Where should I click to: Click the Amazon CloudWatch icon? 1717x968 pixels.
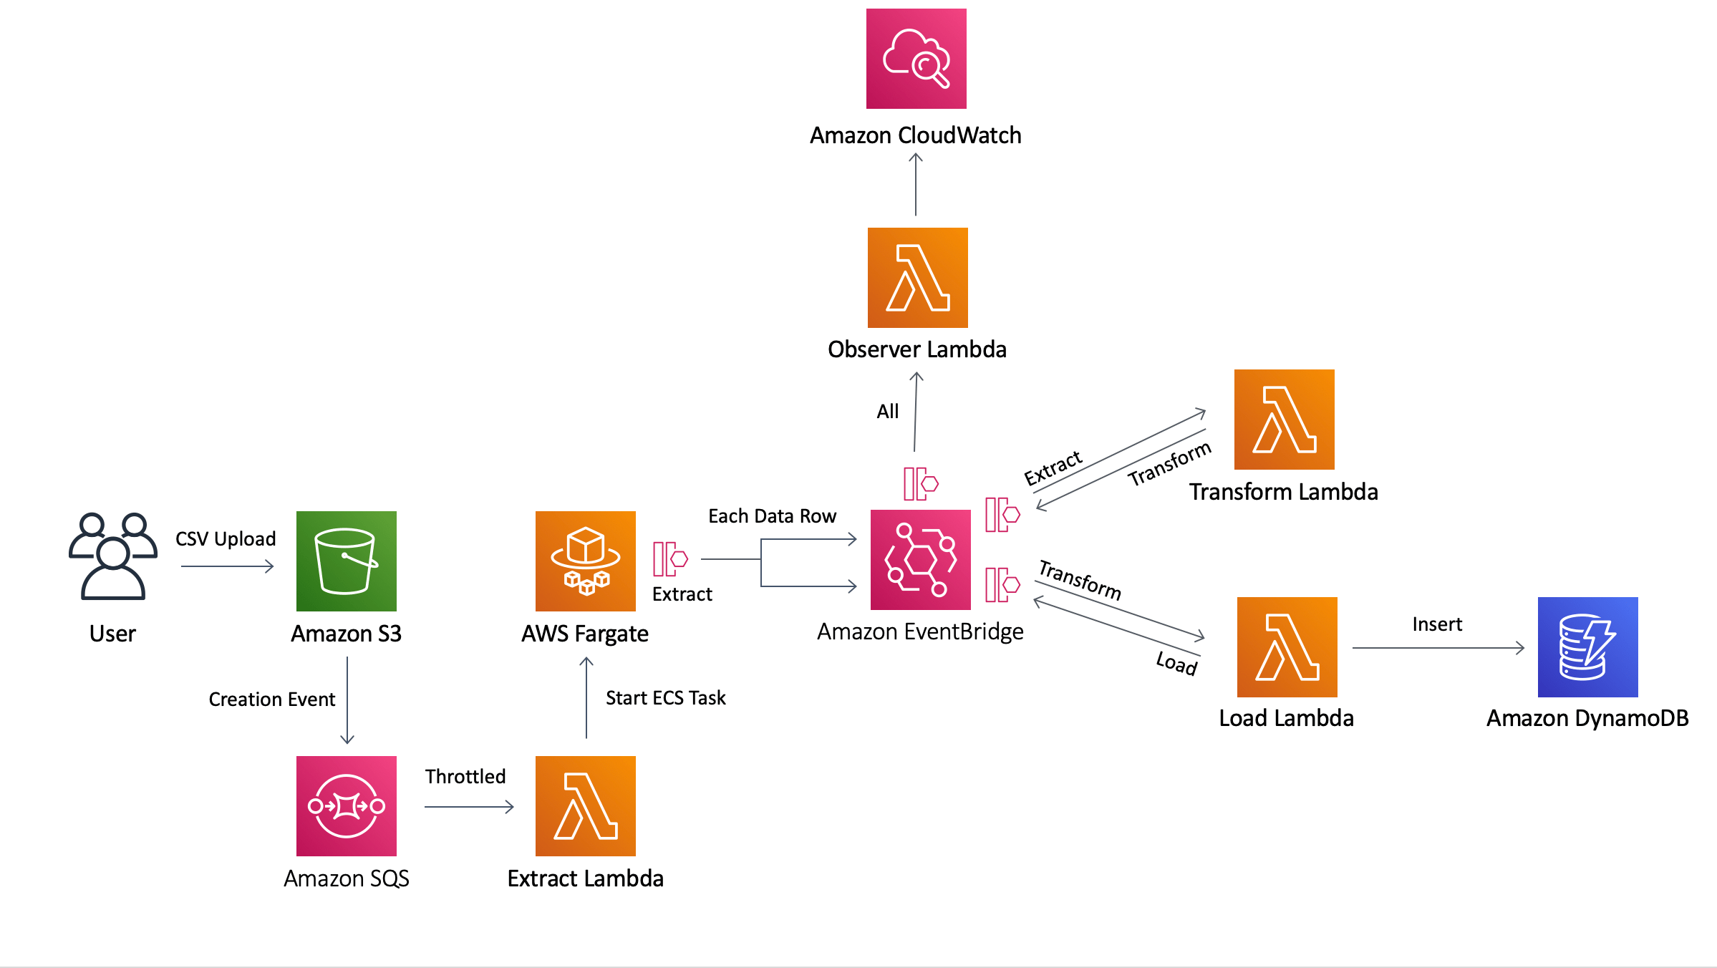coord(916,59)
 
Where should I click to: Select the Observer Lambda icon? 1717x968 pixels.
coord(917,278)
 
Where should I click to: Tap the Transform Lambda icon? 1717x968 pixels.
coord(1284,420)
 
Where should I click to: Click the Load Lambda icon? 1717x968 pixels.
coord(1287,647)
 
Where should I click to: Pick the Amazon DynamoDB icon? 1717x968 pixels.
coord(1587,647)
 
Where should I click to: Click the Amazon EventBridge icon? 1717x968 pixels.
coord(920,560)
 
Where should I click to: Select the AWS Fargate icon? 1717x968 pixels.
coord(585,561)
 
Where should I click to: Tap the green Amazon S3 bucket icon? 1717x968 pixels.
coord(346,561)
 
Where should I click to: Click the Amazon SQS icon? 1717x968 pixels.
coord(346,806)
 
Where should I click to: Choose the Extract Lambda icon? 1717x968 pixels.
coord(585,806)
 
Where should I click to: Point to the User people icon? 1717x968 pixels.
coord(113,556)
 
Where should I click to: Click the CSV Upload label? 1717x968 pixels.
coord(226,538)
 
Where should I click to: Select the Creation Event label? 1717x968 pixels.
coord(271,699)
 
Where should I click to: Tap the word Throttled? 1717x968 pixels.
coord(465,776)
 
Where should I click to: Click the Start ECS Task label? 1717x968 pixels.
coord(665,697)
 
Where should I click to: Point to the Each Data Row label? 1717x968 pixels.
coord(772,516)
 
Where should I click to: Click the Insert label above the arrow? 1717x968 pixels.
coord(1436,624)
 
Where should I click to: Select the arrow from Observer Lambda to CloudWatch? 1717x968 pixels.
coord(916,185)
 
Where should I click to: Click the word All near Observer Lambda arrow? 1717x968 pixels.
coord(887,411)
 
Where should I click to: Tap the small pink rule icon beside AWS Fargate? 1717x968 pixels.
coord(669,558)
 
